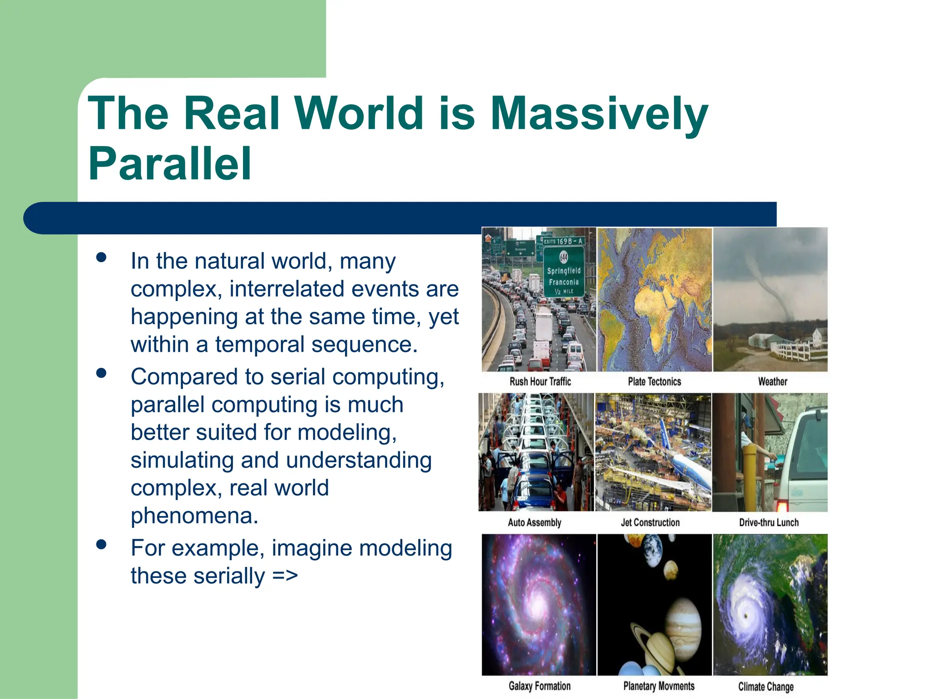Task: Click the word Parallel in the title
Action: (169, 164)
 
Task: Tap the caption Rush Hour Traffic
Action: (540, 381)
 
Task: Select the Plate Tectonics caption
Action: (654, 381)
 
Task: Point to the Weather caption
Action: (772, 381)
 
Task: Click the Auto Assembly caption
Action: (534, 522)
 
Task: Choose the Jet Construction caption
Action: (650, 522)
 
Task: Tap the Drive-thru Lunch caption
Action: (769, 522)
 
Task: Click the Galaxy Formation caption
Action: (539, 686)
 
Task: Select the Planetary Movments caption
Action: (658, 686)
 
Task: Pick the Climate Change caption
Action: (765, 687)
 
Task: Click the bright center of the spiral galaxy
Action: (538, 605)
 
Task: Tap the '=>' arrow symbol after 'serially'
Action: (285, 576)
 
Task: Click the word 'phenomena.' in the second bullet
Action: (194, 516)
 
